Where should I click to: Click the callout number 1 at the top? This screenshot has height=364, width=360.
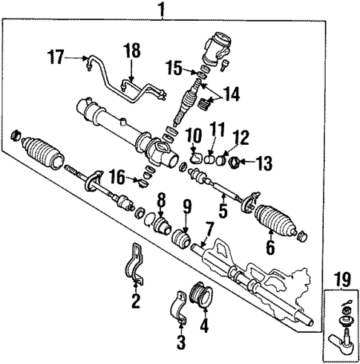coord(160,10)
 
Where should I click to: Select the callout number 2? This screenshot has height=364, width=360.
coord(135,301)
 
